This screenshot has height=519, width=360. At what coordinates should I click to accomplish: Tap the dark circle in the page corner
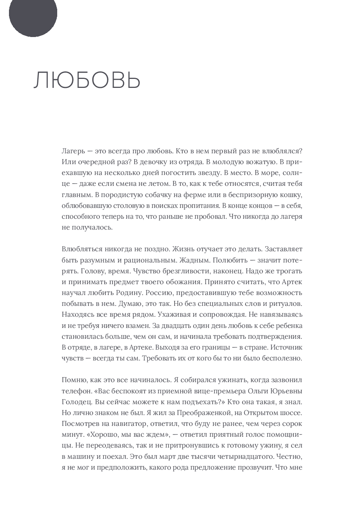[x=33, y=13]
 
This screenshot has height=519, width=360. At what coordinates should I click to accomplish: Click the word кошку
[x=291, y=194]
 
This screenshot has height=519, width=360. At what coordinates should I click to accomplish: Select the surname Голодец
[x=75, y=402]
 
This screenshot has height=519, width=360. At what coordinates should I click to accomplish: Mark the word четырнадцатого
[x=265, y=457]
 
